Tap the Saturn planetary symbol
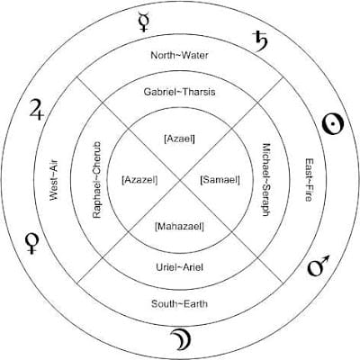point(260,41)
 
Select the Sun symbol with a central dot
point(332,124)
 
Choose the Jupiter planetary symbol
point(37,110)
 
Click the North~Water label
point(179,55)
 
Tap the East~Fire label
point(309,180)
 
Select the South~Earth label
point(179,303)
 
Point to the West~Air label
point(54,180)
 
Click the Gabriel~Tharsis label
point(179,92)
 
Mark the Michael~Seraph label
point(266,179)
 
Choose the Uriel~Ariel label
point(179,267)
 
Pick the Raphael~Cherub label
point(97,180)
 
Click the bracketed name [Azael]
point(179,139)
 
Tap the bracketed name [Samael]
point(220,180)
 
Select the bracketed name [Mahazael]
point(179,226)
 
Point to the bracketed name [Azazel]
point(139,180)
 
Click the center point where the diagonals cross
point(180,180)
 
